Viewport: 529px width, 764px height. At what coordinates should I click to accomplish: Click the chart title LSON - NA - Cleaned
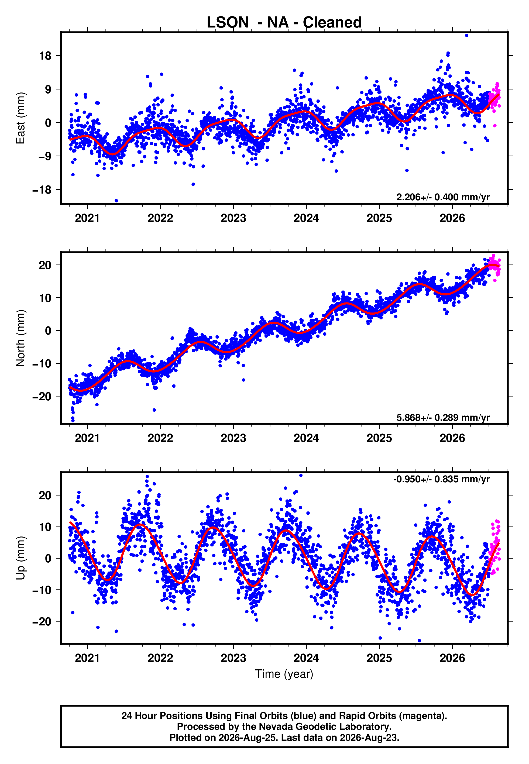(x=284, y=23)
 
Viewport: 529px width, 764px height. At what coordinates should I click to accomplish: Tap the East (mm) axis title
(x=20, y=118)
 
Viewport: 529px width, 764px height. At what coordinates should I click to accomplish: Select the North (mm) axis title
(x=20, y=338)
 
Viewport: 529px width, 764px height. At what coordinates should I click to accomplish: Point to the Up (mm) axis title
(x=20, y=558)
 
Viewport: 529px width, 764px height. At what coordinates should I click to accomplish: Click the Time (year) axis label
(x=284, y=674)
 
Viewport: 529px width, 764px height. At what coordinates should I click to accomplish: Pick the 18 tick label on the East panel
(x=45, y=56)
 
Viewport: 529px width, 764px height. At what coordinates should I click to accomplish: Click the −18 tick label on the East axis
(x=42, y=190)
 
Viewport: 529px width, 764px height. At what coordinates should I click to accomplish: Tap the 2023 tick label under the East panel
(x=233, y=218)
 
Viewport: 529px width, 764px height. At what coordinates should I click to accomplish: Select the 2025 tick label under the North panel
(x=379, y=438)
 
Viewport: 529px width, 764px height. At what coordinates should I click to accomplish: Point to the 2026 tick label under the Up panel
(x=452, y=658)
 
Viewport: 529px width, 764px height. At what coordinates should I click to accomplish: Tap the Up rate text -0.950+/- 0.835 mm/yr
(x=441, y=479)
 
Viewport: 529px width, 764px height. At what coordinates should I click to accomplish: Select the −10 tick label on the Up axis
(x=42, y=590)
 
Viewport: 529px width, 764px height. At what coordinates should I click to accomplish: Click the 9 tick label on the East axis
(x=48, y=89)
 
